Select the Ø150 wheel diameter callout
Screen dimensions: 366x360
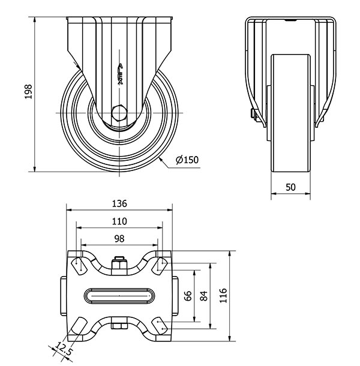[x=187, y=160]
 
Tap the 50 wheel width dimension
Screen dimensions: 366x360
[x=290, y=187]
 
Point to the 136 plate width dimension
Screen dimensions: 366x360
[x=119, y=203]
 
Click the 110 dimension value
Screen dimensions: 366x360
[x=119, y=221]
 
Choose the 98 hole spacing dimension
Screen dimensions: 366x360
[x=119, y=239]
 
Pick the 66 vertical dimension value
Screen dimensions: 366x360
[x=187, y=295]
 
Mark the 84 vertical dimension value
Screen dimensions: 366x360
[x=204, y=295]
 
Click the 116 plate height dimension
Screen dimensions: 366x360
[x=223, y=295]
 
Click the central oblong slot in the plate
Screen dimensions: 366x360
[x=119, y=295]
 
